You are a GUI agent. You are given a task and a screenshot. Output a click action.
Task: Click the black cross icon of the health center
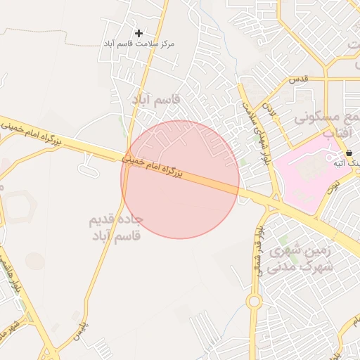pos(139,33)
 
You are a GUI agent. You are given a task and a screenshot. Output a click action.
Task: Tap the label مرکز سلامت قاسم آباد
pos(139,44)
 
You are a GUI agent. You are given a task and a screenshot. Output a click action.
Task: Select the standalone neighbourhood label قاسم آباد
pos(157,100)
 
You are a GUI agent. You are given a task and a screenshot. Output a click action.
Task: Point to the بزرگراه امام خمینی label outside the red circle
pos(31,131)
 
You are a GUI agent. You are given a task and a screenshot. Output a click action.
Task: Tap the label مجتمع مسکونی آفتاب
pos(328,124)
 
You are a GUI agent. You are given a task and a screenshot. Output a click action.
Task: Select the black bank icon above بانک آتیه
pos(349,153)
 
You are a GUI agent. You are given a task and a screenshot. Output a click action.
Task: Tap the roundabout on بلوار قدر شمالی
pos(254,302)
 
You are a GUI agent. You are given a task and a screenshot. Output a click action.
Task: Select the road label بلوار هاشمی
pos(15,276)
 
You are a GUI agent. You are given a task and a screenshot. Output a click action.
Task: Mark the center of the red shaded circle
pos(180,179)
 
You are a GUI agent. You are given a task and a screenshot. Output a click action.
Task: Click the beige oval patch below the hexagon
pos(34,260)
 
